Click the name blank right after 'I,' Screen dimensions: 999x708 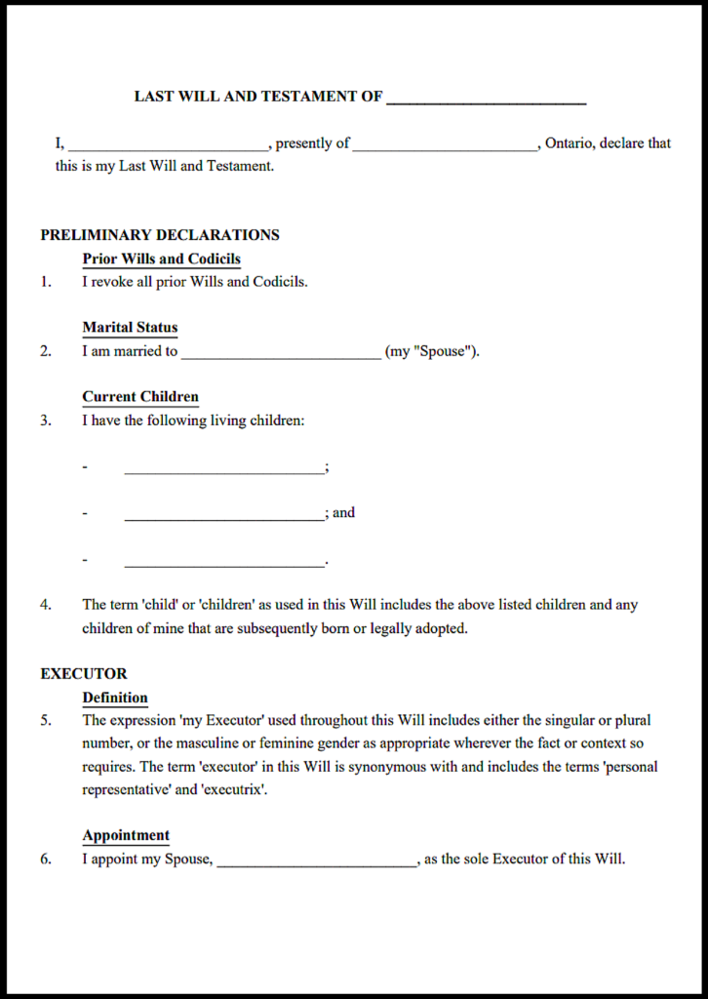(168, 145)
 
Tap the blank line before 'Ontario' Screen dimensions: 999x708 (445, 145)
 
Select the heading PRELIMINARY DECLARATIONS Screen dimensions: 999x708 (160, 235)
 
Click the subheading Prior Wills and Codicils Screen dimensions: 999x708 (161, 259)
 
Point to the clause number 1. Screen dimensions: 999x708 (45, 282)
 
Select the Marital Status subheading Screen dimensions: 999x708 (130, 328)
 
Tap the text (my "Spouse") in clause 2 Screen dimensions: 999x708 (431, 351)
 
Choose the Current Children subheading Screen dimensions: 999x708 (140, 397)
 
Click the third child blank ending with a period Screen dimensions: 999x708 (223, 563)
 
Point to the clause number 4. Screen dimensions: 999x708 (45, 605)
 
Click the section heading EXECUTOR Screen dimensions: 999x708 (84, 674)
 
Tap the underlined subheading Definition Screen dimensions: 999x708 (115, 698)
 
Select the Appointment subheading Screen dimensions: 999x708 (126, 836)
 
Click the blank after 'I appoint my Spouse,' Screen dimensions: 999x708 (317, 861)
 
